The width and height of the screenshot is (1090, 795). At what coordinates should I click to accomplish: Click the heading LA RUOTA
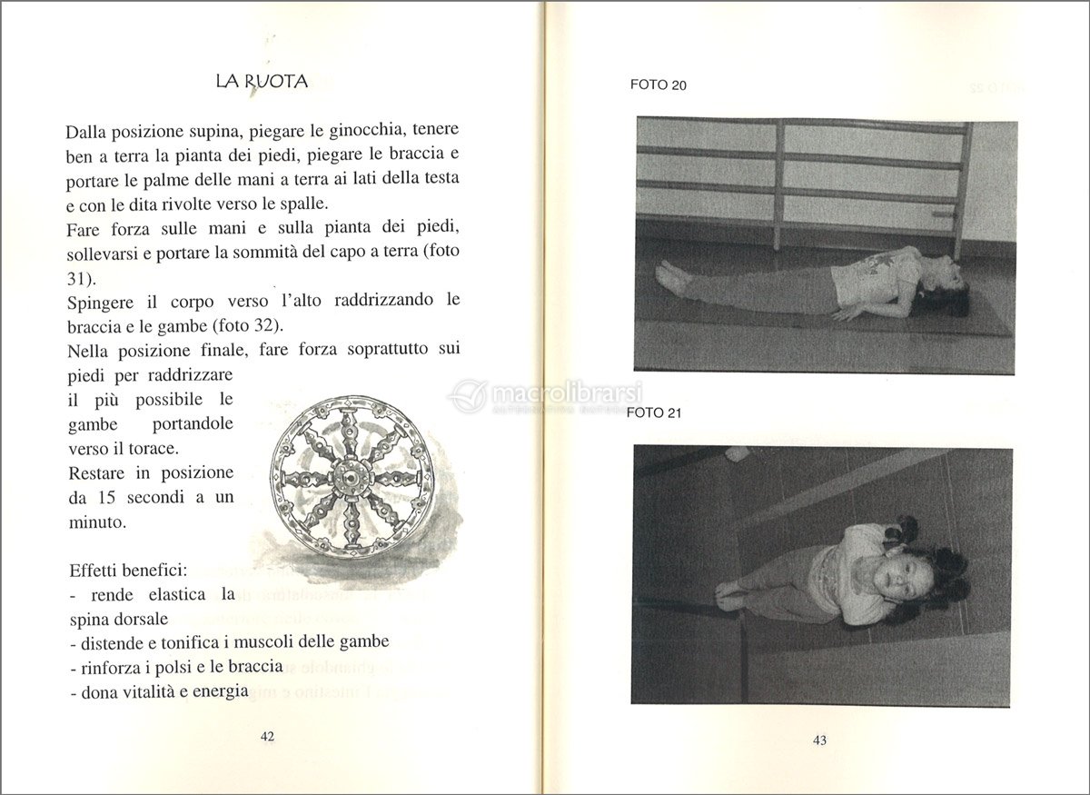point(263,82)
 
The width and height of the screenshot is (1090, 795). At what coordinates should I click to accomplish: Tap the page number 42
point(267,737)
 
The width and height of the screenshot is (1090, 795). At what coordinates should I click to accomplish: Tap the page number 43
point(819,740)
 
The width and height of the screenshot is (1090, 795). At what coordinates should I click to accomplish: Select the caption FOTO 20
point(659,85)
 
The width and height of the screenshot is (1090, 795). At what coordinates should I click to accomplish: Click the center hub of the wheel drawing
point(348,475)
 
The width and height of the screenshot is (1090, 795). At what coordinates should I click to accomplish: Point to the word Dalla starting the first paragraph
point(91,132)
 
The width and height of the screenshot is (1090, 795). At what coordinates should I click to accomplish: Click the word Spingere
point(100,303)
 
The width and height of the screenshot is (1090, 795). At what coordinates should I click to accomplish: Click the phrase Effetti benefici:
point(128,571)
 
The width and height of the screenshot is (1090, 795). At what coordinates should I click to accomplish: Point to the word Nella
point(90,351)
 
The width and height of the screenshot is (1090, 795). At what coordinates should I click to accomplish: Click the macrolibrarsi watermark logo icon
point(469,397)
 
